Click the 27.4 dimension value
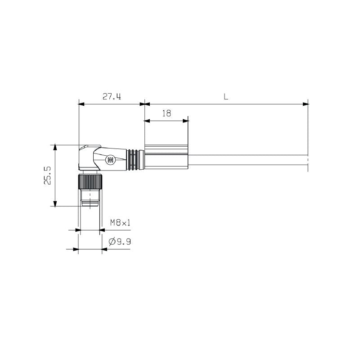tap(112, 97)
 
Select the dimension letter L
tap(225, 96)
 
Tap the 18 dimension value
tap(166, 113)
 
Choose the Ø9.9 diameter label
tap(120, 242)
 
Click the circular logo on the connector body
tap(110, 160)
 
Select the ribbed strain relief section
tap(135, 160)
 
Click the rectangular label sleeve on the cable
tap(166, 159)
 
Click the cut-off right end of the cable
tap(307, 163)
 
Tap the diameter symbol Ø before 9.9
tap(112, 242)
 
